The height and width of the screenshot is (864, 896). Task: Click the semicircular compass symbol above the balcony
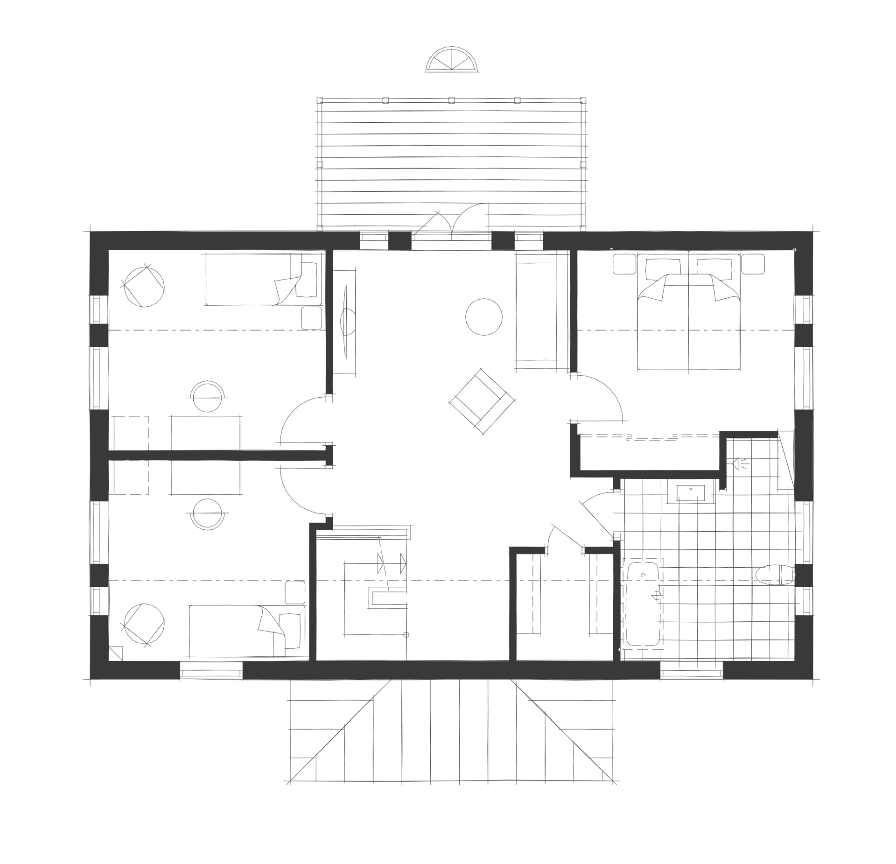452,60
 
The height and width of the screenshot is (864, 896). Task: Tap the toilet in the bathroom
775,575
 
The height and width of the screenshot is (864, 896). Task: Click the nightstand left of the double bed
624,264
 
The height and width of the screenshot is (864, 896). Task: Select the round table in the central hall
484,316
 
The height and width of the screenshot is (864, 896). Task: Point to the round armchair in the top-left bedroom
144,286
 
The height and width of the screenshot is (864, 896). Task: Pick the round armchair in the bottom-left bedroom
144,625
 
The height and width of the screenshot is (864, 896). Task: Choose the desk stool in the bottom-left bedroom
208,514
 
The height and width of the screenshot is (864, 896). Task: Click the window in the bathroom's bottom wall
692,673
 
